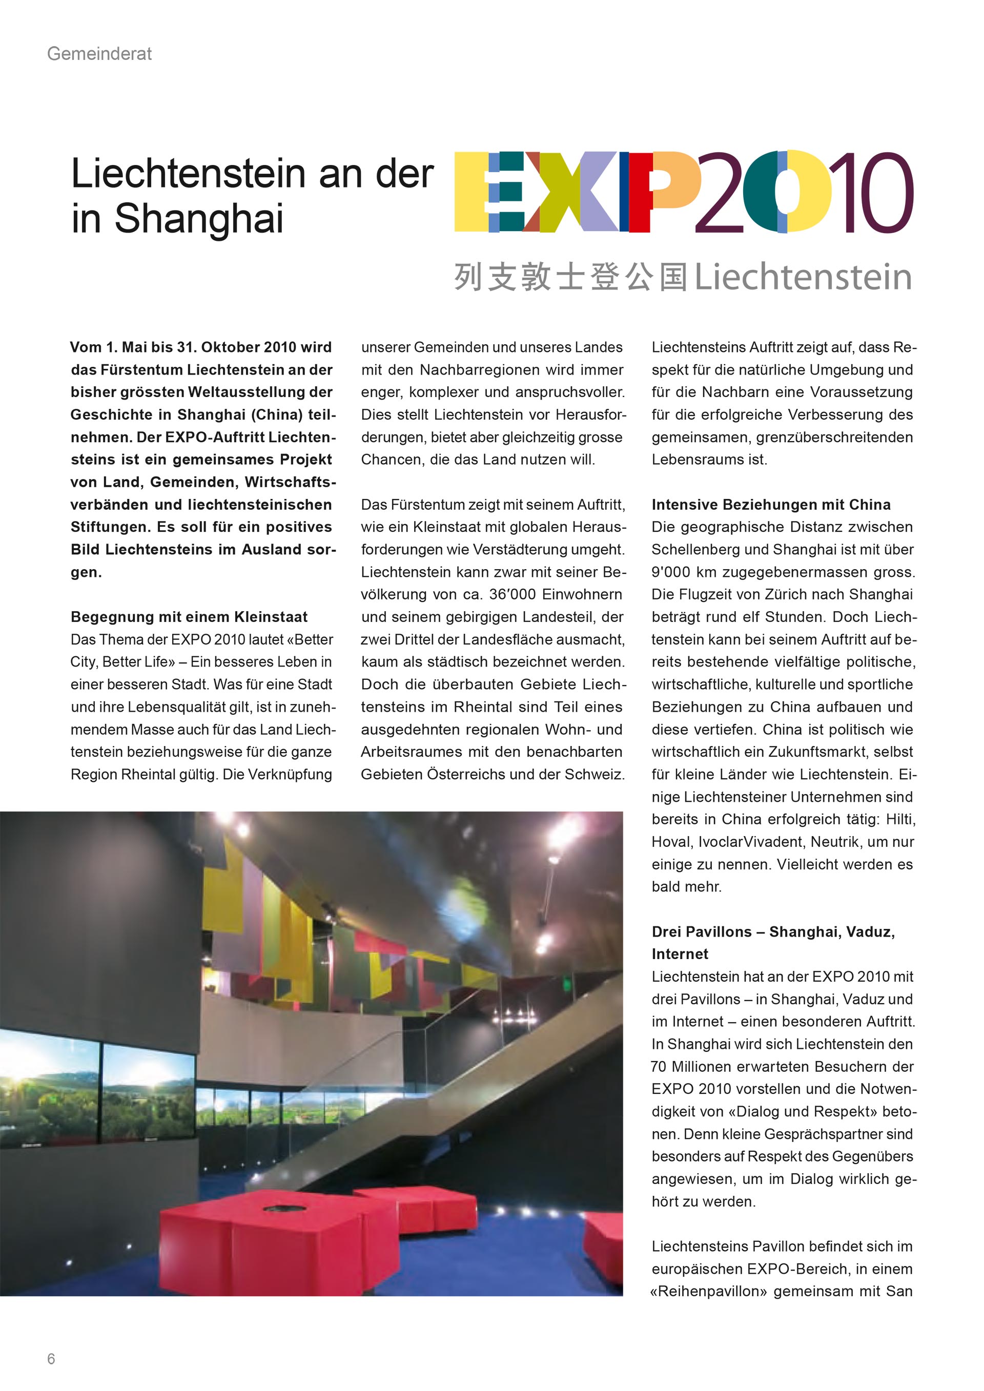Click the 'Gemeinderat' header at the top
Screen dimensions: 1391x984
[x=99, y=54]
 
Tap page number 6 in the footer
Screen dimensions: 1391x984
[x=51, y=1358]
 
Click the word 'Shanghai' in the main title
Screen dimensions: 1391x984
[x=199, y=218]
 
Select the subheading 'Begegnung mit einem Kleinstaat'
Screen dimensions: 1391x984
[x=189, y=617]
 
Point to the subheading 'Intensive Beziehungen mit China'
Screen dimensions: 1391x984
[x=771, y=505]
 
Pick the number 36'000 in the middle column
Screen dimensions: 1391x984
[x=512, y=594]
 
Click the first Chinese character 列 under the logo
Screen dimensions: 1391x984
[x=468, y=278]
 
